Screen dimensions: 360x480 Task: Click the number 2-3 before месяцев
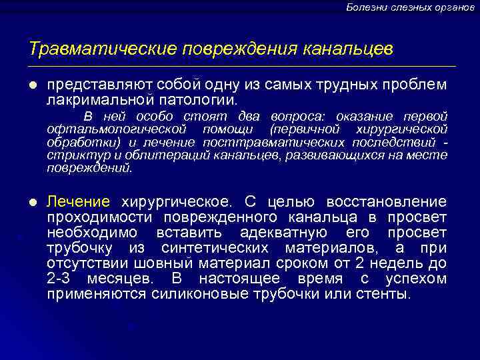pos(60,279)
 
